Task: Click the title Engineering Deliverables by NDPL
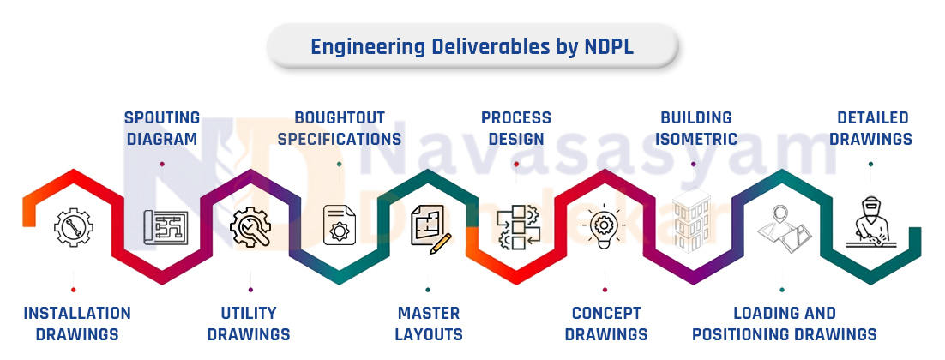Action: pyautogui.click(x=472, y=47)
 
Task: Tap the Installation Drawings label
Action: pyautogui.click(x=76, y=323)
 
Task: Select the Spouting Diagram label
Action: pyautogui.click(x=161, y=129)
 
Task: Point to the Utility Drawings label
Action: pyautogui.click(x=249, y=323)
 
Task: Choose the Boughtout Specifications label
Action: pyautogui.click(x=340, y=129)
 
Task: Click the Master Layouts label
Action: pyautogui.click(x=429, y=323)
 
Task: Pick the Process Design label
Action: pyautogui.click(x=516, y=129)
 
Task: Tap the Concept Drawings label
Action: pyautogui.click(x=605, y=323)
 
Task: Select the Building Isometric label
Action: pyautogui.click(x=696, y=129)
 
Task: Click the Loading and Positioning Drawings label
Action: pyautogui.click(x=784, y=323)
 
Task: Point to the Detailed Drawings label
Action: pyautogui.click(x=870, y=129)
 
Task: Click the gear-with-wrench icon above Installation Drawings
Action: pyautogui.click(x=74, y=227)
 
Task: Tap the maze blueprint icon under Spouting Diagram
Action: pyautogui.click(x=166, y=227)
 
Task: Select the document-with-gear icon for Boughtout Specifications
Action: pyautogui.click(x=340, y=225)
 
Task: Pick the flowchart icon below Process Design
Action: pyautogui.click(x=518, y=227)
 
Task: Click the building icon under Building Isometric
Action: pyautogui.click(x=692, y=219)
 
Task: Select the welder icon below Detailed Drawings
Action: pyautogui.click(x=870, y=222)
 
